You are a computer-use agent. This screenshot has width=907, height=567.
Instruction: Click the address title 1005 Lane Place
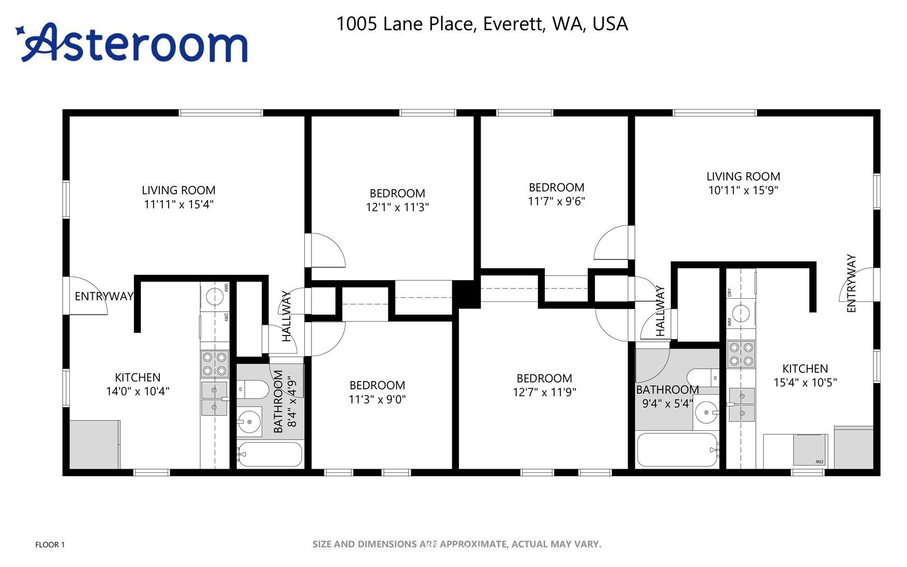[482, 24]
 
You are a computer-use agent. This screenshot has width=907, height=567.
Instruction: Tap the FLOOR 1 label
[50, 544]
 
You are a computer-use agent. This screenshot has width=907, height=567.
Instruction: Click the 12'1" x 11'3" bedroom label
[397, 200]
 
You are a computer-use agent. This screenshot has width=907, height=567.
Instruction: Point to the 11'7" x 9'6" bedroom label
[556, 194]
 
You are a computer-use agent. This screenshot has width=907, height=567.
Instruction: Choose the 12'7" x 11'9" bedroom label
[544, 385]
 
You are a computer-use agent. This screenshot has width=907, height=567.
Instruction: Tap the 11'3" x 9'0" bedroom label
[377, 392]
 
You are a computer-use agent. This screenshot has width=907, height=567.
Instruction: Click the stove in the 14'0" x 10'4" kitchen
[214, 364]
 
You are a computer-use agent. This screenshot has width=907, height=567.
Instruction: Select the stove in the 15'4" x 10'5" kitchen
[741, 354]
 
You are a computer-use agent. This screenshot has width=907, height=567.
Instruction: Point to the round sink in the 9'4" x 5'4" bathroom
[707, 413]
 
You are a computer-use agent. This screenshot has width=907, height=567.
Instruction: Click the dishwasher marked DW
[810, 450]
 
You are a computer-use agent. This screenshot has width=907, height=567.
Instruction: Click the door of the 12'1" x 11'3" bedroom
[327, 251]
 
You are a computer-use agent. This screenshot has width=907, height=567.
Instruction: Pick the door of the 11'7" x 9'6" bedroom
[612, 243]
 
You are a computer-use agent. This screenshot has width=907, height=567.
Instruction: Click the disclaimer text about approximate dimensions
[456, 544]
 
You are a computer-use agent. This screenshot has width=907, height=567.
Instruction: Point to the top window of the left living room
[221, 112]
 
